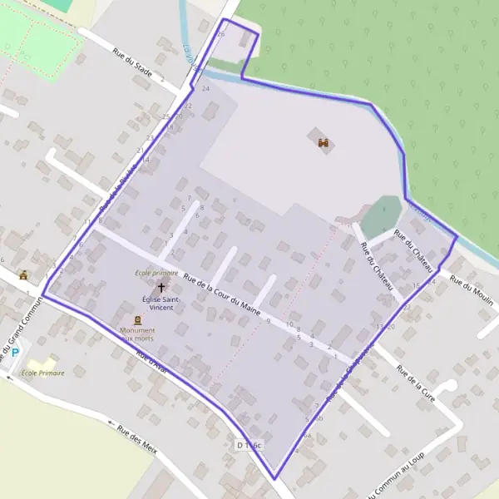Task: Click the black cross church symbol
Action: [161, 287]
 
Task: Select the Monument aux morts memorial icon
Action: [138, 319]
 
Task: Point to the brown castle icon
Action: [324, 142]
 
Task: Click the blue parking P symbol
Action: [15, 353]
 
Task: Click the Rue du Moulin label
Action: [472, 290]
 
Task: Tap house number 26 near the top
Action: [221, 34]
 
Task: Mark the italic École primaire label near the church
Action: [156, 273]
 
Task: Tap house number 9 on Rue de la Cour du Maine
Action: [269, 320]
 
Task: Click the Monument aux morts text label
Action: [139, 333]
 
